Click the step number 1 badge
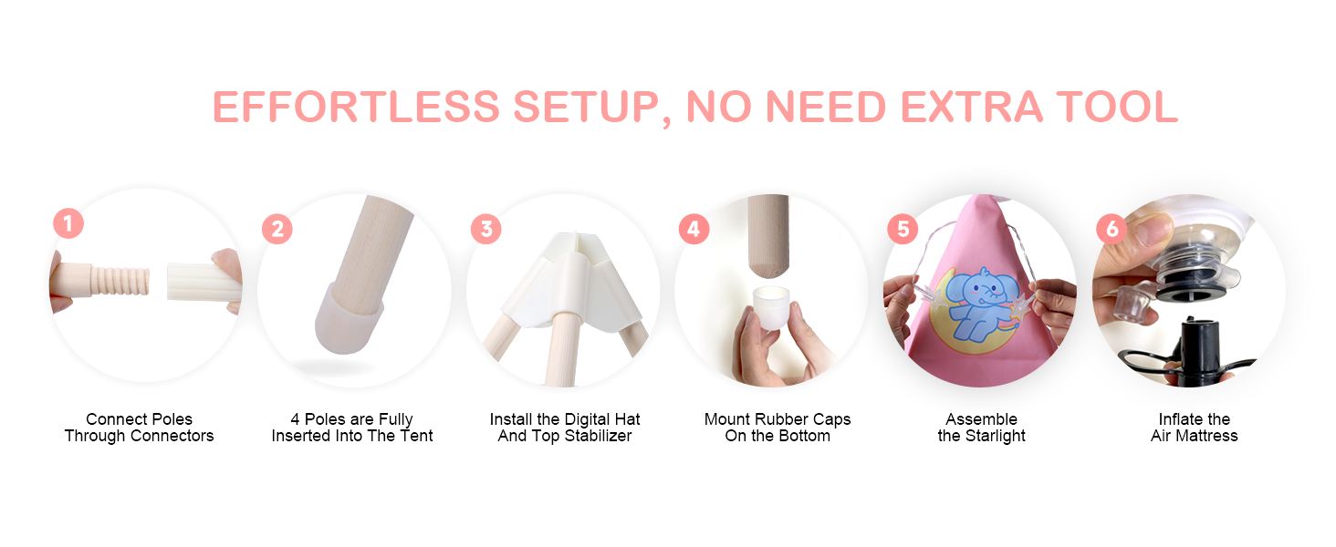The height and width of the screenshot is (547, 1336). [x=68, y=223]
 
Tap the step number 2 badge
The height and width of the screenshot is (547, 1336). [x=277, y=229]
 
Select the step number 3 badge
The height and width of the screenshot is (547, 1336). [x=486, y=229]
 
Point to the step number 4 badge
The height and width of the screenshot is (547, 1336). [x=694, y=229]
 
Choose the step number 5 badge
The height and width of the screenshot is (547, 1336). [x=903, y=229]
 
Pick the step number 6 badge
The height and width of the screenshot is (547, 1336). [x=1112, y=229]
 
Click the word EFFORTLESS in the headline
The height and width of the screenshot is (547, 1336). [x=356, y=108]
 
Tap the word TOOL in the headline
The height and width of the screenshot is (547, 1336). [x=1116, y=108]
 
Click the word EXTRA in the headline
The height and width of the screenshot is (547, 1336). [x=972, y=108]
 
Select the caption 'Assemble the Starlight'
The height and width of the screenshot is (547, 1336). [x=981, y=428]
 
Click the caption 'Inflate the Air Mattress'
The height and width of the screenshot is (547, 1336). [x=1194, y=428]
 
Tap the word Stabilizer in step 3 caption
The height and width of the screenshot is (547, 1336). [x=598, y=436]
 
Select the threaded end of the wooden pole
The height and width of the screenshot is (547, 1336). [x=120, y=281]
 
